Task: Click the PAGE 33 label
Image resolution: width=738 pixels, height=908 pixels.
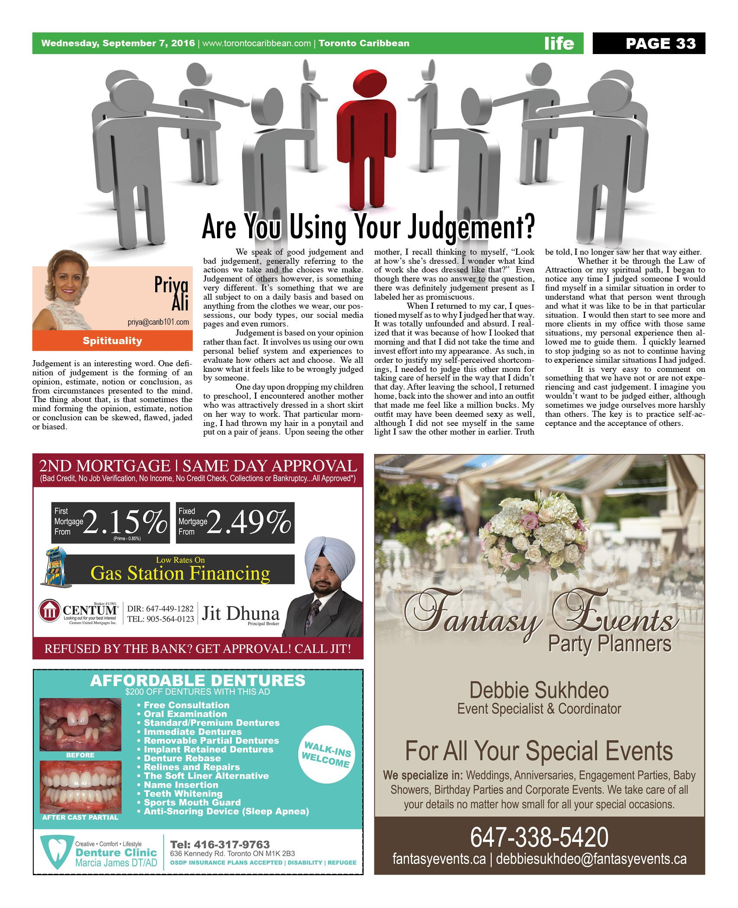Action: (660, 43)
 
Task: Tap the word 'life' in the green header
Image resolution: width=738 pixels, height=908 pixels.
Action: (559, 43)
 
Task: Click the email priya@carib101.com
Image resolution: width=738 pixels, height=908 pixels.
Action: (158, 322)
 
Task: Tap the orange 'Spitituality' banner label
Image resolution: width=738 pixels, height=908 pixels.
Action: (112, 341)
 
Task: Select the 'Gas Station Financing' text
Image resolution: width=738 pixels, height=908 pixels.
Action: (180, 573)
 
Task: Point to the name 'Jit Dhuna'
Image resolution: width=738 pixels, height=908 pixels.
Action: (240, 614)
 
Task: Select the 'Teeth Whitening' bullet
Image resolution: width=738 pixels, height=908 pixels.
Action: (183, 794)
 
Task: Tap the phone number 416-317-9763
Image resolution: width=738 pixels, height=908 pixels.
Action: (220, 844)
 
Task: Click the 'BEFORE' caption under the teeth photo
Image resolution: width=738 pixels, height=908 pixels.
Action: (80, 755)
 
